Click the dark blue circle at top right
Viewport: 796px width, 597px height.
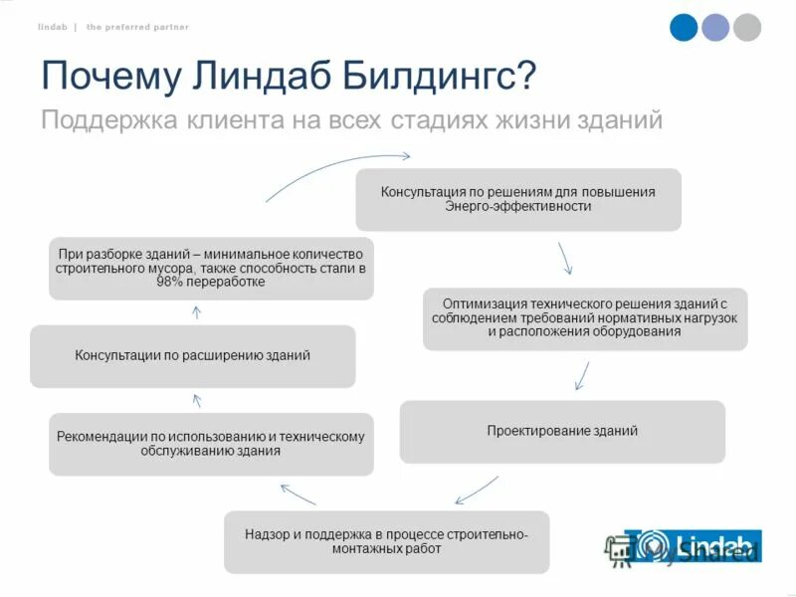coord(684,27)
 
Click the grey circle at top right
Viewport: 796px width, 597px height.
coord(746,27)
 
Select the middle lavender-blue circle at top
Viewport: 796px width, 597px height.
coord(715,27)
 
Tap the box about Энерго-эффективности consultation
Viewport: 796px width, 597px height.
coord(518,199)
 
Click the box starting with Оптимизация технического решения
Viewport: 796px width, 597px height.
coord(585,318)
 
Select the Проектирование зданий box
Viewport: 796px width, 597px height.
coord(562,431)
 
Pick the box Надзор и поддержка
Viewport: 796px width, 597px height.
coord(386,541)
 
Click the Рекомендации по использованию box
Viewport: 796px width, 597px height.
coord(211,444)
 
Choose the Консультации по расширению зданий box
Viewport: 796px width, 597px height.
coord(192,355)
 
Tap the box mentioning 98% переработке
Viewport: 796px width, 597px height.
coord(211,268)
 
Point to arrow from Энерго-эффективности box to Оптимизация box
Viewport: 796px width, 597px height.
coord(564,259)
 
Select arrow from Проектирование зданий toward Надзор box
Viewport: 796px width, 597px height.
coord(477,491)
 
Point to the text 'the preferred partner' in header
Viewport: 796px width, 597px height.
coord(137,27)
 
